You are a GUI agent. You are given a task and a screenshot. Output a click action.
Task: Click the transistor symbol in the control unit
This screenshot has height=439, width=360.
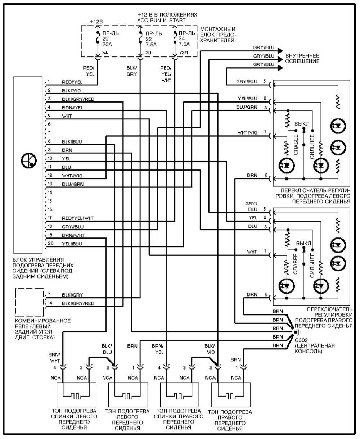pyautogui.click(x=29, y=161)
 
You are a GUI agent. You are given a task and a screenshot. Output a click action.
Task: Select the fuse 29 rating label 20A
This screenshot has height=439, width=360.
pyautogui.click(x=107, y=44)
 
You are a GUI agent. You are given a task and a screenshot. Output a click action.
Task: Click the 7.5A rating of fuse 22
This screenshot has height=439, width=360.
pyautogui.click(x=151, y=44)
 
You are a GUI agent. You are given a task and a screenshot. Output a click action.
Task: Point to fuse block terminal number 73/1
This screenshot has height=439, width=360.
pyautogui.click(x=184, y=53)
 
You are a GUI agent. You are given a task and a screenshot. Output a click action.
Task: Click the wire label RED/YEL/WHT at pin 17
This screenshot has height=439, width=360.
pyautogui.click(x=78, y=218)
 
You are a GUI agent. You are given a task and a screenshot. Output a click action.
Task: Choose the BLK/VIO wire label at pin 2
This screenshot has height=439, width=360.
pyautogui.click(x=71, y=91)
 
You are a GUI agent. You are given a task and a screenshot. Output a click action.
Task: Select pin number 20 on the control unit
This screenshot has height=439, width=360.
pyautogui.click(x=51, y=243)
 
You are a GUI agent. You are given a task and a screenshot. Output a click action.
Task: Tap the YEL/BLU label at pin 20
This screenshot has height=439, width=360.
pyautogui.click(x=72, y=244)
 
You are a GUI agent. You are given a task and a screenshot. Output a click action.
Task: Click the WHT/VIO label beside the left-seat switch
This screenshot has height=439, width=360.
pyautogui.click(x=247, y=132)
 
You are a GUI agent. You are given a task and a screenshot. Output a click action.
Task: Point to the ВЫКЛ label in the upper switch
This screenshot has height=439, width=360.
pyautogui.click(x=302, y=124)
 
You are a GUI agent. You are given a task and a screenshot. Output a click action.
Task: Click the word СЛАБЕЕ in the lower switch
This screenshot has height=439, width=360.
pyautogui.click(x=296, y=264)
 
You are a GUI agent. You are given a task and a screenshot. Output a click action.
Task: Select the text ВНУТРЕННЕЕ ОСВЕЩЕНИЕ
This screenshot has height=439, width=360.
pyautogui.click(x=302, y=59)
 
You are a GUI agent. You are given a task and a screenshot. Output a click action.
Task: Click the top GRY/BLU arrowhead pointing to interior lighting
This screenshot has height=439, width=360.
pyautogui.click(x=280, y=51)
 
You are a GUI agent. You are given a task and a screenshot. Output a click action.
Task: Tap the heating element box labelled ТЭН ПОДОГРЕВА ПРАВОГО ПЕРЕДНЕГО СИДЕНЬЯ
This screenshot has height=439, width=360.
pyautogui.click(x=231, y=394)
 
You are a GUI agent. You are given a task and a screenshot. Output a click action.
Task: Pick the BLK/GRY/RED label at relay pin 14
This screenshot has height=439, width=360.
pyautogui.click(x=78, y=303)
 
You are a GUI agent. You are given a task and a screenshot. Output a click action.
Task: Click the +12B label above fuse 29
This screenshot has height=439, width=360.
pyautogui.click(x=96, y=22)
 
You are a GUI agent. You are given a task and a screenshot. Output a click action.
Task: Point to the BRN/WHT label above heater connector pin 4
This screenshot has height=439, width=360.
pyautogui.click(x=55, y=358)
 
